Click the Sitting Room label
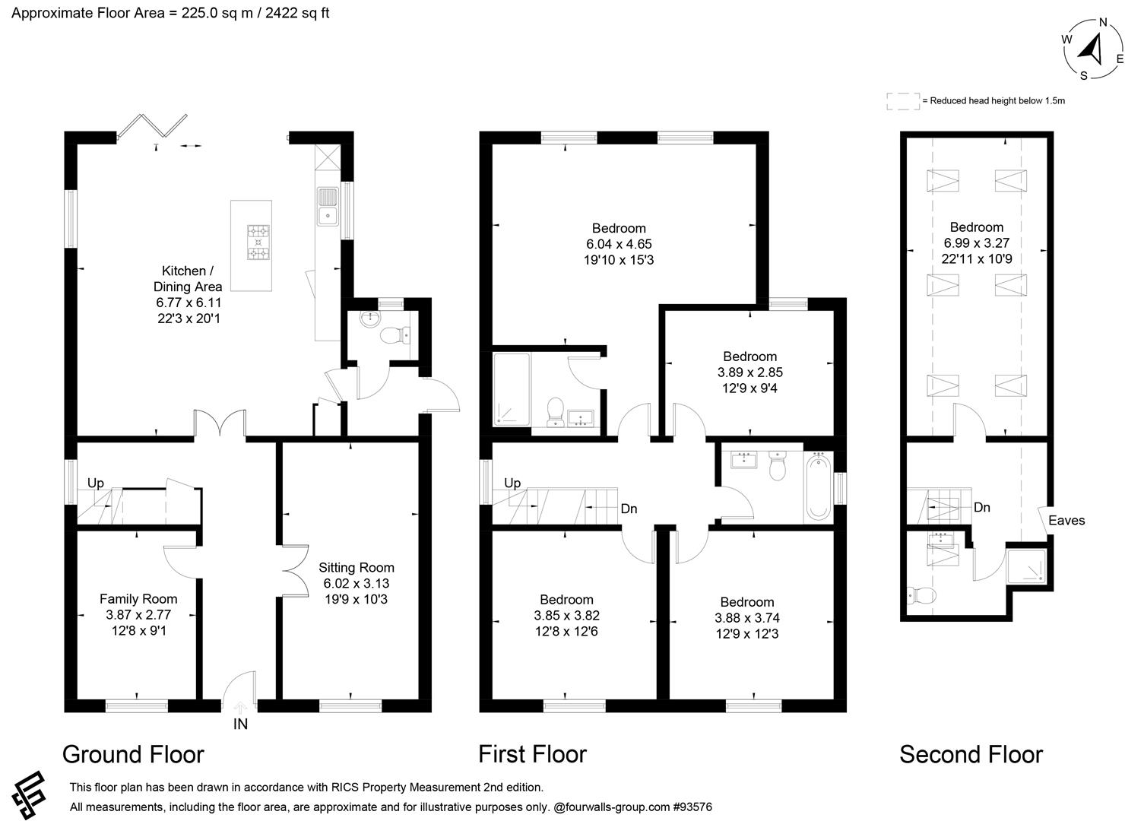pos(357,567)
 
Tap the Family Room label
pos(138,598)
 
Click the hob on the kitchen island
pos(258,244)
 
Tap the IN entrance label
pos(240,724)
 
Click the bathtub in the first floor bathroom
pos(818,486)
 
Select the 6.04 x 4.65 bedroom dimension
pos(619,244)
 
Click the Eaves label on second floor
pos(1066,521)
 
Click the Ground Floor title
pos(133,754)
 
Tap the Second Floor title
pos(971,754)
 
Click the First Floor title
pos(532,754)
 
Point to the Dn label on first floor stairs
pos(629,509)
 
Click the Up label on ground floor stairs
pos(95,483)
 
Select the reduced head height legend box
pos(903,101)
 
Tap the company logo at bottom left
pos(28,795)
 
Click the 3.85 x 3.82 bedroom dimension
pos(566,616)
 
